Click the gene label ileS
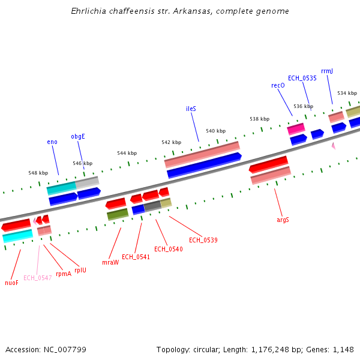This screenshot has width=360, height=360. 191,109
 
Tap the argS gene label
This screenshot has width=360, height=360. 283,220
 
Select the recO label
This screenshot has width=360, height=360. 278,86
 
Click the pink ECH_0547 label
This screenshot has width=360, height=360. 37,278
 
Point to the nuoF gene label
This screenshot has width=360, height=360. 11,283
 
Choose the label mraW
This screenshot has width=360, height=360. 110,262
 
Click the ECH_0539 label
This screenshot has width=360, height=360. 203,240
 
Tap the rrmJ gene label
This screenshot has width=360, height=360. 327,71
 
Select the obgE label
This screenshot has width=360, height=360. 78,136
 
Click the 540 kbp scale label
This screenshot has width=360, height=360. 215,131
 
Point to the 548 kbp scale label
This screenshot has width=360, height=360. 38,173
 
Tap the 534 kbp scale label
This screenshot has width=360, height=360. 347,93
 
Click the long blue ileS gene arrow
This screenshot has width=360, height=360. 204,166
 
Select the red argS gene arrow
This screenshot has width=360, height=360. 268,163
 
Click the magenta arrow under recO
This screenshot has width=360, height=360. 296,128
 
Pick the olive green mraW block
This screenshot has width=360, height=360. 118,214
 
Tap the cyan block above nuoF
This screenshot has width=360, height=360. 17,236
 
